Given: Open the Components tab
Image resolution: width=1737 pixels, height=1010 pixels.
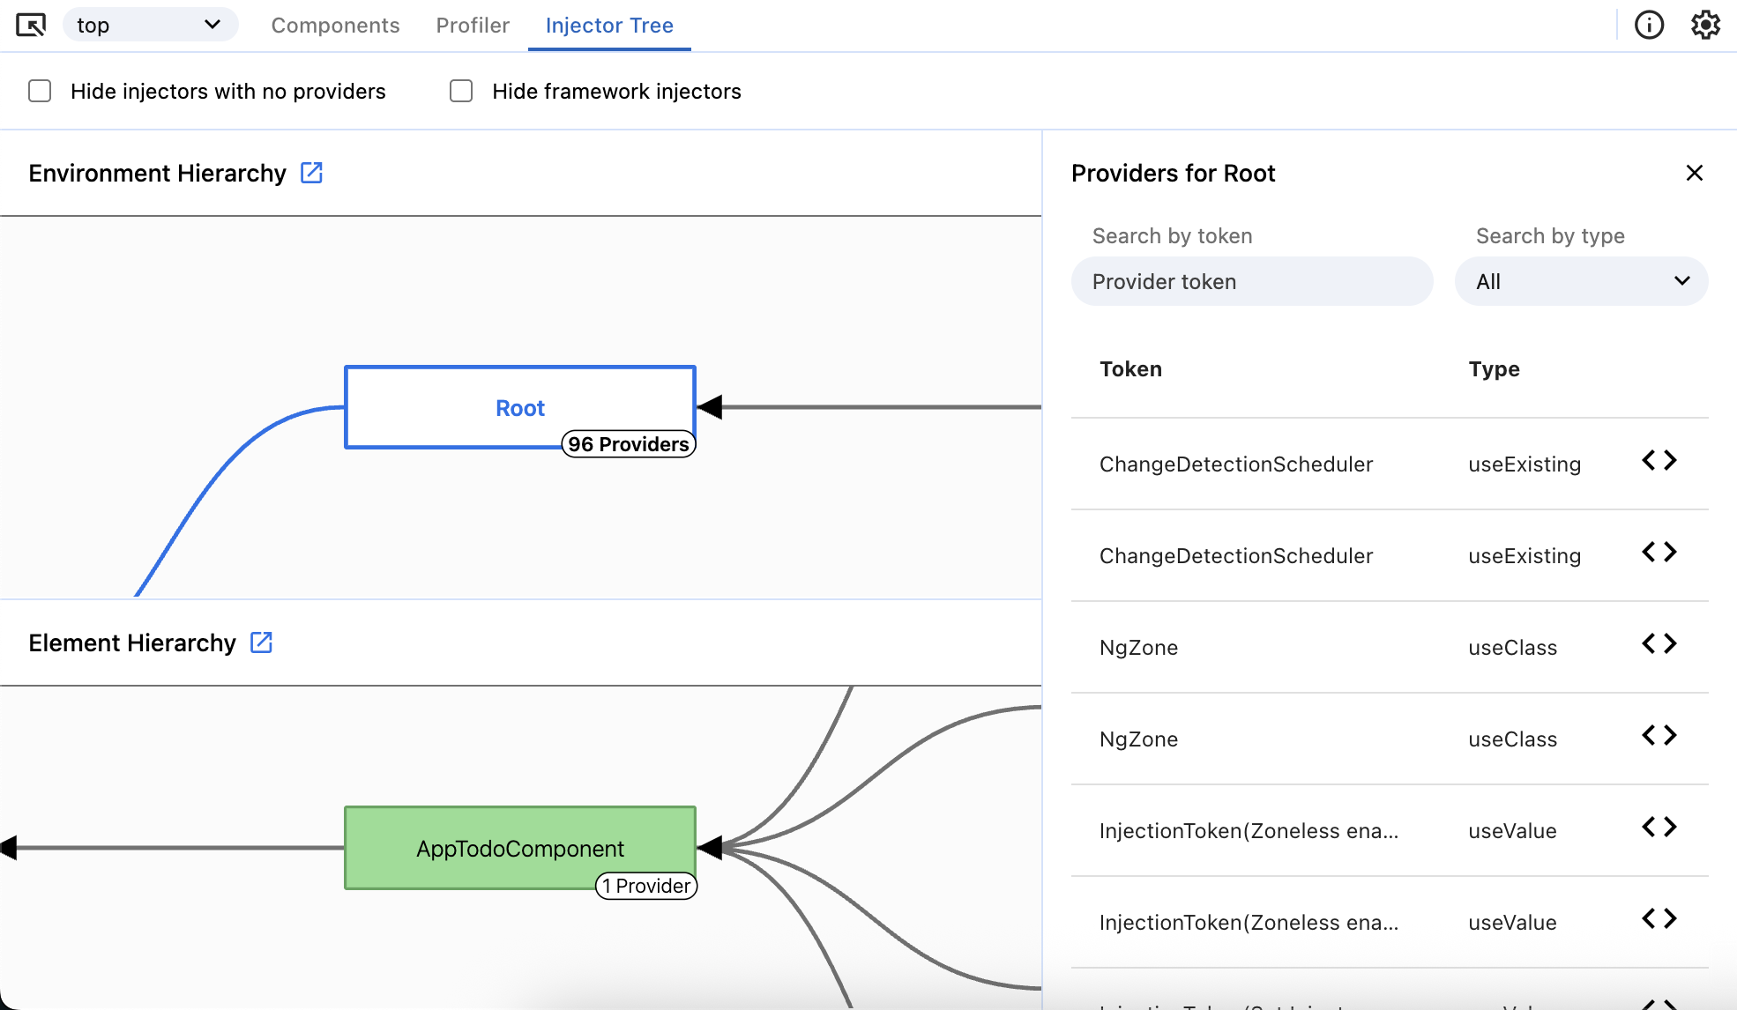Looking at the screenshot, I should tap(335, 26).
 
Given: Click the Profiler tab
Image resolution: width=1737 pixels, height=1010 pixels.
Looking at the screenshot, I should tap(473, 26).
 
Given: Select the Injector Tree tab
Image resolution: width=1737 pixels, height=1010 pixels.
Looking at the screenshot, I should tap(609, 26).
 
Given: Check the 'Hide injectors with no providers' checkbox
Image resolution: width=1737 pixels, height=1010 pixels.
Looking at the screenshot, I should tap(40, 92).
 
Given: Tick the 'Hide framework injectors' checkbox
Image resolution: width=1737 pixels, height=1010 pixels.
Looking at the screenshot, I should tap(461, 92).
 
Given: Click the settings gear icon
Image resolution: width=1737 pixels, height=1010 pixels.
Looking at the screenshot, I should tap(1705, 26).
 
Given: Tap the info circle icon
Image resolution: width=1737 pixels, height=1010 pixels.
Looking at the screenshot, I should tap(1649, 26).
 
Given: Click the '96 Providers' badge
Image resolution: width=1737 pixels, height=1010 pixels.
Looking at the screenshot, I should tap(628, 444).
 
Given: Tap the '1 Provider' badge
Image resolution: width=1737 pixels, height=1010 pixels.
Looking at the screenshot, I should tap(646, 886).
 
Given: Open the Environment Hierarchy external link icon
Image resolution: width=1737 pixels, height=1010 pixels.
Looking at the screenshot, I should tap(311, 173).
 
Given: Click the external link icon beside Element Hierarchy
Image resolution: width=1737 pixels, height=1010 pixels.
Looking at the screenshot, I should tap(261, 642).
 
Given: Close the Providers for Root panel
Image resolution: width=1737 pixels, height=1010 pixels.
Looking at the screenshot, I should tap(1694, 174).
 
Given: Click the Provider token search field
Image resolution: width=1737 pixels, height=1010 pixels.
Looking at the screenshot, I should tap(1251, 282).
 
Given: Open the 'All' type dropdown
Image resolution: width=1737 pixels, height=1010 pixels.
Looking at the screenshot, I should tap(1581, 282).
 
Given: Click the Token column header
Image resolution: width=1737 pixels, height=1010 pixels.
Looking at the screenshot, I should tap(1130, 369).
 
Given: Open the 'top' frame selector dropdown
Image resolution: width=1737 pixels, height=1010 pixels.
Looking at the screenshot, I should tap(150, 26).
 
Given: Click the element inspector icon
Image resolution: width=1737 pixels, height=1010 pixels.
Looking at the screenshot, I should tap(31, 26).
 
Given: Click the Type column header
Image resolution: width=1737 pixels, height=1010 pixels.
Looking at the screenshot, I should tap(1494, 369).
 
